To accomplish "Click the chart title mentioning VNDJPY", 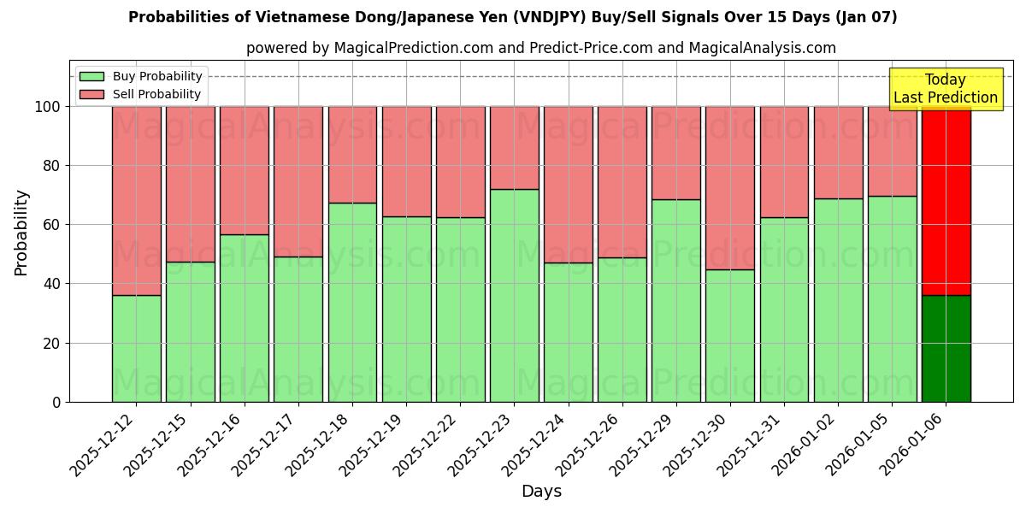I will coord(512,17).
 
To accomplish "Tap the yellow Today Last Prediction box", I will coord(945,89).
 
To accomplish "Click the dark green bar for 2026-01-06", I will coord(946,348).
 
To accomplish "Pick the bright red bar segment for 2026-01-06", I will coord(946,201).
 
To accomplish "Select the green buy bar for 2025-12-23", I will coord(514,295).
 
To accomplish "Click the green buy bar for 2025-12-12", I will coord(136,348).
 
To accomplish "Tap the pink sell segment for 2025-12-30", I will coord(730,188).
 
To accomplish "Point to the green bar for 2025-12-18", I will coord(352,302).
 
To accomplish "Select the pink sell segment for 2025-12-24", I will coord(568,185).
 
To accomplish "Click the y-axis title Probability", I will coord(21,233).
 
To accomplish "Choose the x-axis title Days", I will coord(541,492).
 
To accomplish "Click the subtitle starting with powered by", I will coord(540,48).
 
